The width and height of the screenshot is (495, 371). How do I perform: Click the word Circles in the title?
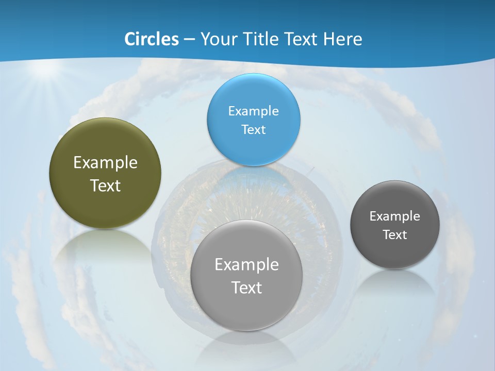151,39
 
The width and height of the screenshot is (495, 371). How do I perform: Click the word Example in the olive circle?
105,163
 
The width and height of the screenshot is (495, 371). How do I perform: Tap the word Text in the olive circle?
105,185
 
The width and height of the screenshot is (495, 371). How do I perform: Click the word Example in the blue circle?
253,111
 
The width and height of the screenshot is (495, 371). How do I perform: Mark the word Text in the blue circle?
253,129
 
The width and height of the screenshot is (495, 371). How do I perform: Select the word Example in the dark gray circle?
395,216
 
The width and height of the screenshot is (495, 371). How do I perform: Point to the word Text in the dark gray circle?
395,234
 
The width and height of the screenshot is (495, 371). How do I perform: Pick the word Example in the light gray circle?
246,264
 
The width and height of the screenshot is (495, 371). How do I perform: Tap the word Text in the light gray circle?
246,288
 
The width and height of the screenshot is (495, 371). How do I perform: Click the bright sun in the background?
45,70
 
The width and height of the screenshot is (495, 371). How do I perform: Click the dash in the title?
189,40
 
